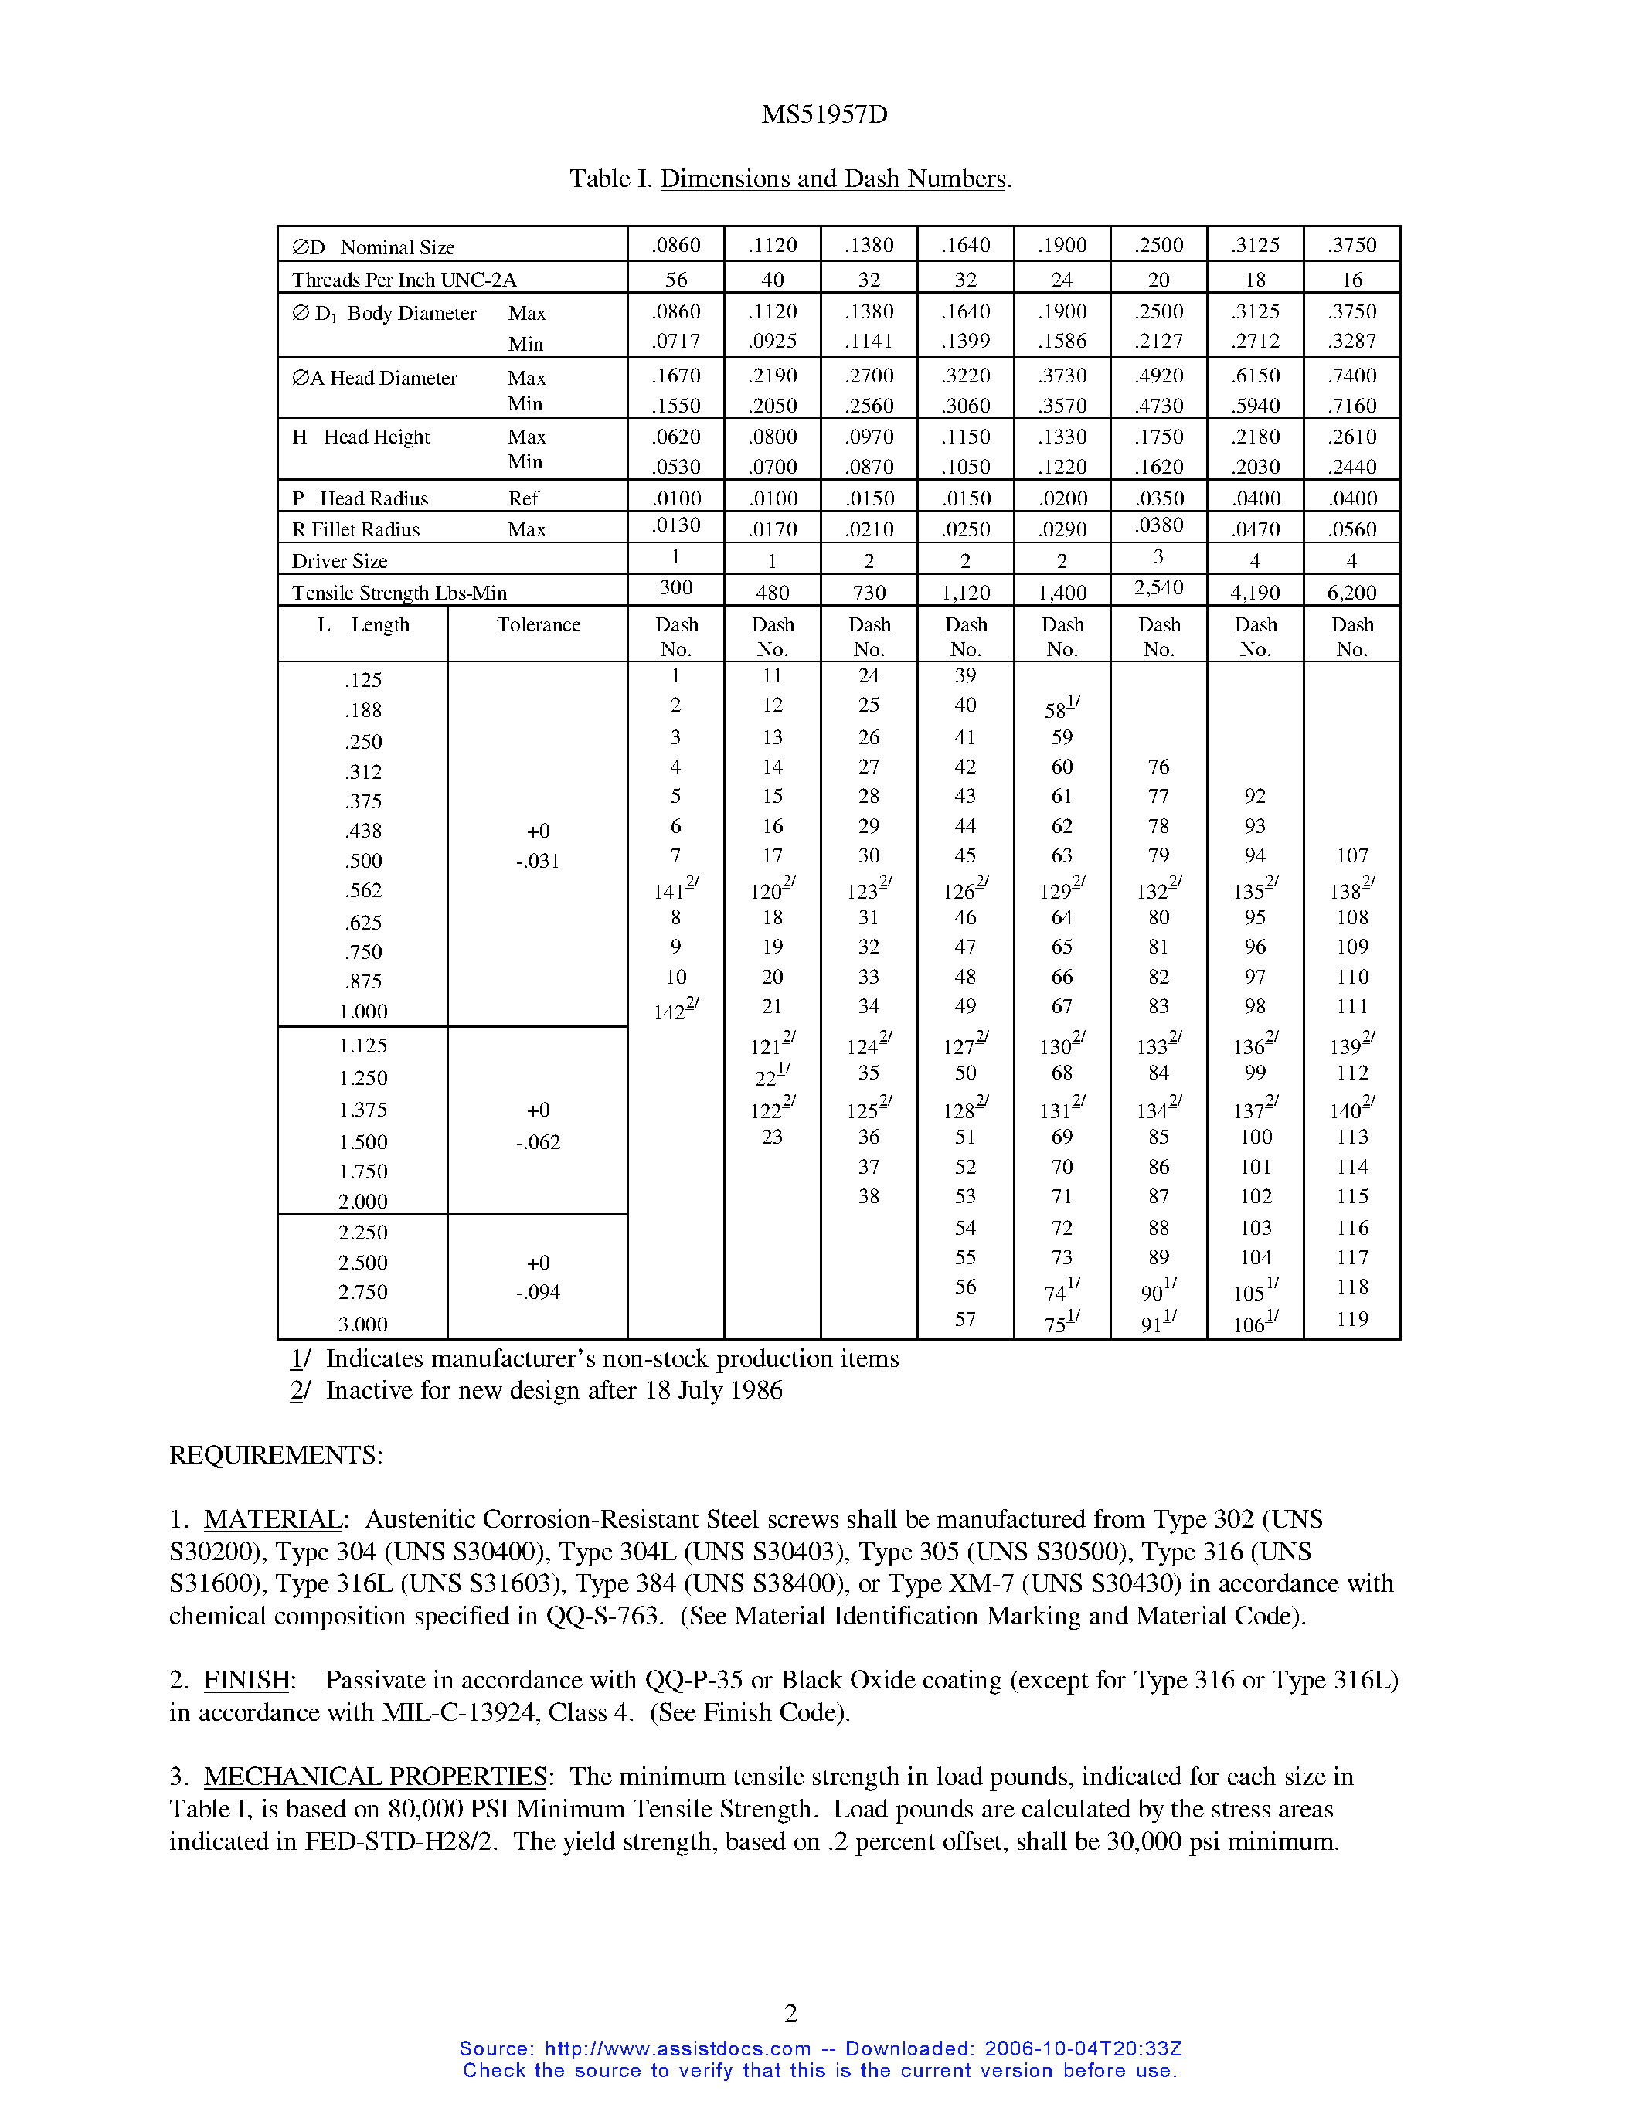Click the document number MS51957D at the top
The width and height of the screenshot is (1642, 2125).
(824, 115)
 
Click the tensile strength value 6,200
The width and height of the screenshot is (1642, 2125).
(1351, 592)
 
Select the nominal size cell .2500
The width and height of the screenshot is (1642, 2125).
(1158, 245)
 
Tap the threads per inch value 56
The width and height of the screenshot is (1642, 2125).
(676, 279)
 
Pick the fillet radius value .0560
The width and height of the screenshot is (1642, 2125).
(1352, 529)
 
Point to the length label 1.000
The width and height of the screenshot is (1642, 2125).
(363, 1012)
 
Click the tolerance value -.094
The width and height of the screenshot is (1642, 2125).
(538, 1292)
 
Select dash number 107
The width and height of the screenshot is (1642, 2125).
(1351, 855)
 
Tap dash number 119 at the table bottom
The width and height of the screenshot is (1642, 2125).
(1351, 1319)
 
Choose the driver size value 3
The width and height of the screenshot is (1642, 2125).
(1158, 556)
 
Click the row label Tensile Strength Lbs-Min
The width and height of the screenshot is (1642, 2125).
(399, 593)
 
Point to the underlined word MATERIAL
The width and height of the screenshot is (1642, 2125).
(272, 1519)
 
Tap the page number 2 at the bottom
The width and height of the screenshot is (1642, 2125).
(790, 2012)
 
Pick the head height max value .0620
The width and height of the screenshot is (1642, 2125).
(676, 437)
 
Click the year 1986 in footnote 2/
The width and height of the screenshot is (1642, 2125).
(756, 1390)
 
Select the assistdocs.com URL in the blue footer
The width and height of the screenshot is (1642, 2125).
(677, 2048)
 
